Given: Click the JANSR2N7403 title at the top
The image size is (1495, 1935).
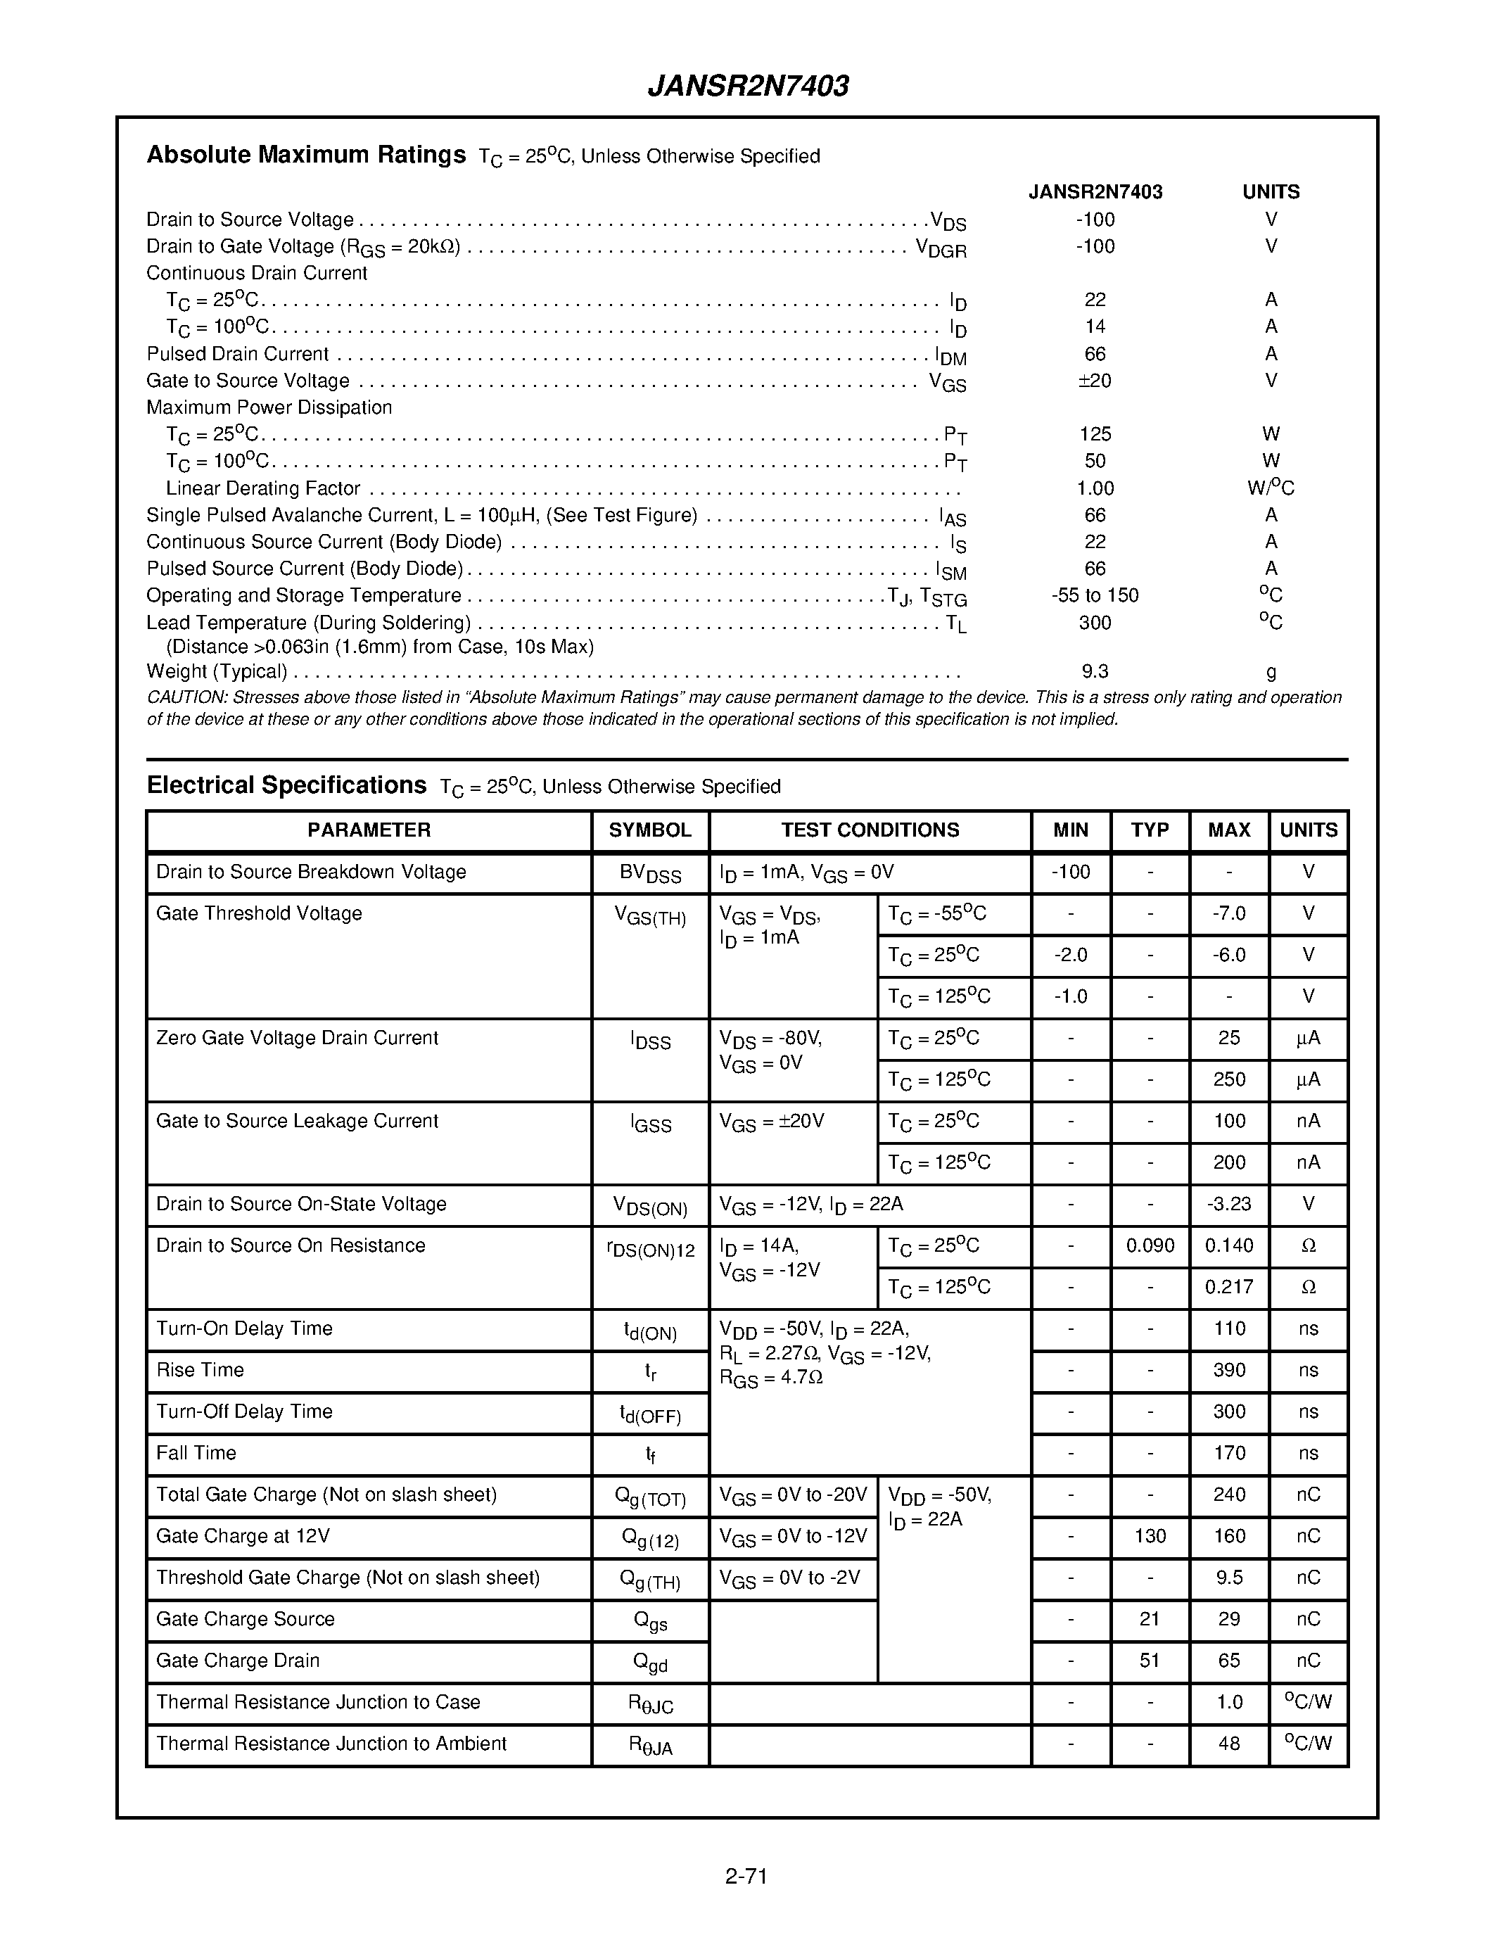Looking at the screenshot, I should point(747,86).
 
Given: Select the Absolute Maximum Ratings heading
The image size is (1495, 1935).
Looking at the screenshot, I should point(305,155).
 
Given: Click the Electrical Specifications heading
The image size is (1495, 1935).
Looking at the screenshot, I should point(286,785).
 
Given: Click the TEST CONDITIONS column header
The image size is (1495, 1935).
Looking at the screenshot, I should point(870,830).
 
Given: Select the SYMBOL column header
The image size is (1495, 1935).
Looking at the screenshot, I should point(650,830).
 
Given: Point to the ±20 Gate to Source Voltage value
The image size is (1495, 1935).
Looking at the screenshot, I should point(1095,381).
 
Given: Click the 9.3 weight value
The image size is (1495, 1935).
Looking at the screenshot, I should point(1095,671).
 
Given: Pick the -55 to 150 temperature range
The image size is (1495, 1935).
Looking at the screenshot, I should point(1095,595).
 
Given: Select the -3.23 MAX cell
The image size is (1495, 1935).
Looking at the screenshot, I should point(1228,1204).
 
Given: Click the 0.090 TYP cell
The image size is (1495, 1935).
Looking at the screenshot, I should point(1150,1245).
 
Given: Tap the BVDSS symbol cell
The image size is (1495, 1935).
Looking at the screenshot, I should point(650,874).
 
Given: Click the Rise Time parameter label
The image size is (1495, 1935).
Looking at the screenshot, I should point(201,1371).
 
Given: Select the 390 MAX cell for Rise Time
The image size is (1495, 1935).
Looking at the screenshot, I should point(1228,1371).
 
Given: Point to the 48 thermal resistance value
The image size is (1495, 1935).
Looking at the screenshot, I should point(1228,1744).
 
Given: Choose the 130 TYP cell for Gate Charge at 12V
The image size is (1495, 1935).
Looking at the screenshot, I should point(1150,1536).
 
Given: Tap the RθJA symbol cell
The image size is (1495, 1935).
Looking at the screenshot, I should point(650,1746).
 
